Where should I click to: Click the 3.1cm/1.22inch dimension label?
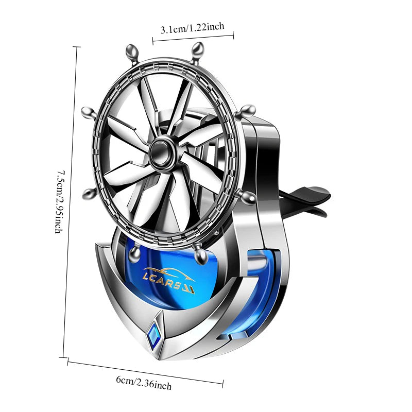click(193, 28)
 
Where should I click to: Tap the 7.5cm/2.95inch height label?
click(60, 202)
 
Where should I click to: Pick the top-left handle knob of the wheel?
click(132, 54)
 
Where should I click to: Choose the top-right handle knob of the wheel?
click(197, 52)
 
